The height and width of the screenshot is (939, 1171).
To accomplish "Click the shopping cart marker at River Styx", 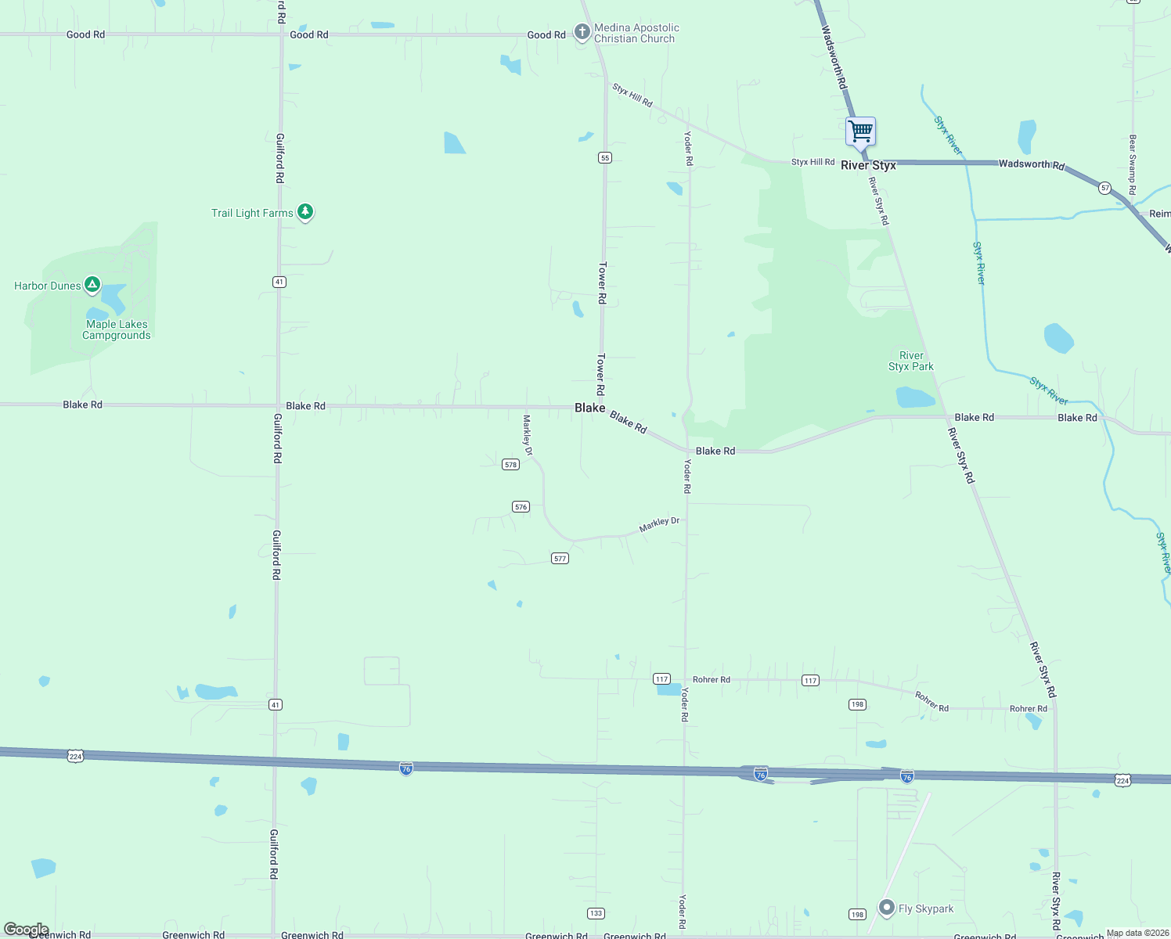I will [860, 131].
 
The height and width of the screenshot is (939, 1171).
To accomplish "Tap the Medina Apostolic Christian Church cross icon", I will [582, 32].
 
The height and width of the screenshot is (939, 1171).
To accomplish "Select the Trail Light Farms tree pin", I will [305, 211].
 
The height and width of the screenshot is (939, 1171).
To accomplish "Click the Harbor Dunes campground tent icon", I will [92, 284].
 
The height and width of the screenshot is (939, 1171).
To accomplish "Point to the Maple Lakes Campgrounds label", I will [117, 329].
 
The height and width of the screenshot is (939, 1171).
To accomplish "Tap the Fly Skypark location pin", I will [886, 908].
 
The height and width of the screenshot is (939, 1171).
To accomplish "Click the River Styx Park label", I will [911, 361].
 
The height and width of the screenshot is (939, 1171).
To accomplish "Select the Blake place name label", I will [589, 408].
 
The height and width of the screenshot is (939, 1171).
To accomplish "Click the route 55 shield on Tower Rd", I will [605, 158].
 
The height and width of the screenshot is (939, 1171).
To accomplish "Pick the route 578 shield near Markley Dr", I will [510, 465].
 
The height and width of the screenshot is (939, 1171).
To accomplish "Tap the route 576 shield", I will [521, 507].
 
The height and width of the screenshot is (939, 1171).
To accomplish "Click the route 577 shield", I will [560, 559].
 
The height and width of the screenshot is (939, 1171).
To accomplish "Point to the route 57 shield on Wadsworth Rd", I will [1104, 188].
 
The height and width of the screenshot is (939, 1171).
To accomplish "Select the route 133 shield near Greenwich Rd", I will [596, 913].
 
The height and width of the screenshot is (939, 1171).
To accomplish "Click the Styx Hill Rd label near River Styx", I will [812, 162].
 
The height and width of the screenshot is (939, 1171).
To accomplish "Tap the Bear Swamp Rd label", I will [1132, 164].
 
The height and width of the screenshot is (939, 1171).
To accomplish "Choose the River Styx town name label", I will [868, 165].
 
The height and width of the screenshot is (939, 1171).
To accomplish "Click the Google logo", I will [27, 930].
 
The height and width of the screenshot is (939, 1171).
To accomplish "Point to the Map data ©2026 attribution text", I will [1137, 933].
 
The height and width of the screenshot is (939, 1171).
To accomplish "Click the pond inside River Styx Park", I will [915, 398].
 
